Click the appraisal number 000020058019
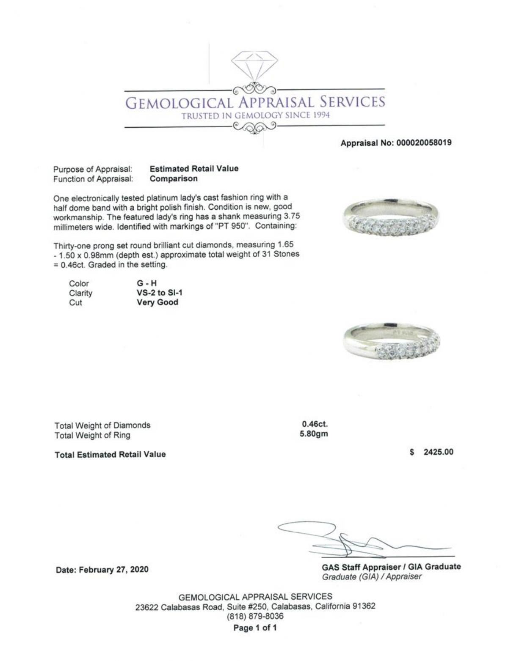click(423, 143)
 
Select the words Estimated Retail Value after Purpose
click(194, 168)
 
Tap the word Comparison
click(174, 178)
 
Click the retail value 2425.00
click(438, 452)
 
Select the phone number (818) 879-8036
click(255, 616)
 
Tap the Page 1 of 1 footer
click(255, 628)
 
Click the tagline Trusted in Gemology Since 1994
click(256, 115)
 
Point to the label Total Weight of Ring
click(92, 435)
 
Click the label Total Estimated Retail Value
click(110, 455)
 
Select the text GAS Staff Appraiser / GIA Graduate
click(391, 567)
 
